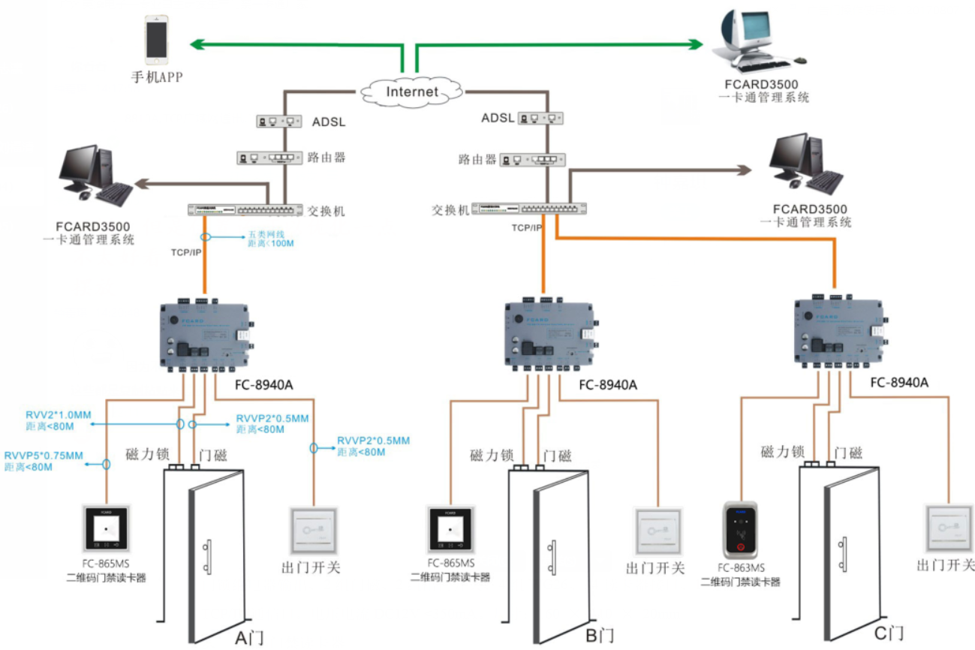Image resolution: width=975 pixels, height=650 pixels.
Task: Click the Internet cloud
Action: [x=411, y=92]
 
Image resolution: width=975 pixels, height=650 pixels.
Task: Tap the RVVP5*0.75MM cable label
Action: [x=43, y=456]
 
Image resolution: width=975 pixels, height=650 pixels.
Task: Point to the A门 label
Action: [x=248, y=638]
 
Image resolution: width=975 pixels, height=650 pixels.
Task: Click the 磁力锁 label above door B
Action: [x=491, y=455]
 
